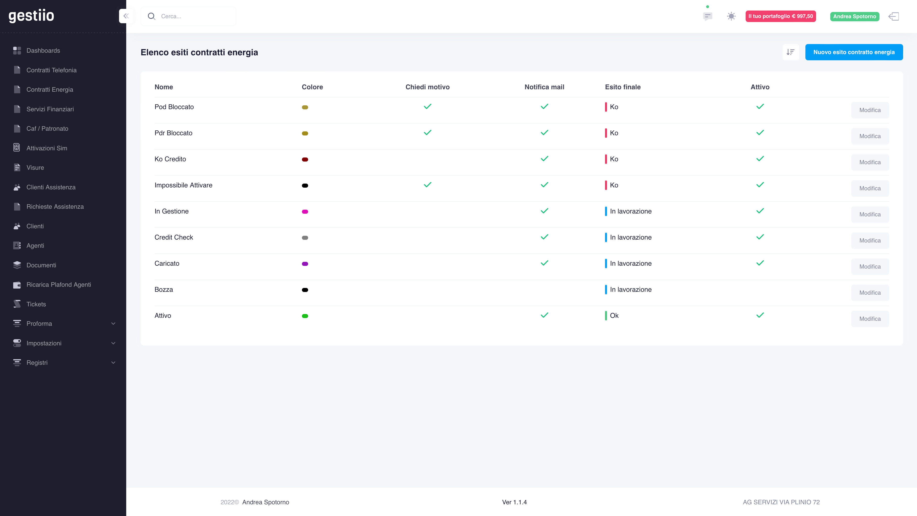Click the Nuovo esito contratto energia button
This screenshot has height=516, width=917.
(x=854, y=52)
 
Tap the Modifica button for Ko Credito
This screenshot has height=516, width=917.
(x=870, y=162)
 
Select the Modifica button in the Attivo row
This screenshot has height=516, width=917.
(x=870, y=319)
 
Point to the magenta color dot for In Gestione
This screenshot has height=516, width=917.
(x=305, y=212)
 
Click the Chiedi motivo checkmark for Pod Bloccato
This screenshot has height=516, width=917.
(x=427, y=106)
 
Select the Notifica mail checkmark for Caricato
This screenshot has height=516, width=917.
(x=544, y=263)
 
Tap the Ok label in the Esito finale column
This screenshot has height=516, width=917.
(x=614, y=315)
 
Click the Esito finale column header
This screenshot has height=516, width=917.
(x=622, y=87)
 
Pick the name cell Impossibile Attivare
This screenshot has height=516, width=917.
(x=183, y=185)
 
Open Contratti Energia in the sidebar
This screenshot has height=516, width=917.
(x=49, y=90)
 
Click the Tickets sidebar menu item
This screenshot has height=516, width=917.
(x=36, y=304)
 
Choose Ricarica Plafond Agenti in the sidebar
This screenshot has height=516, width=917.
(x=59, y=284)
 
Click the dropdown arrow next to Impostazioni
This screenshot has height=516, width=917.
(x=113, y=343)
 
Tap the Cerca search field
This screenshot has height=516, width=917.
(x=188, y=16)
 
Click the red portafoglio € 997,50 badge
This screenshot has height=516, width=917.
(x=781, y=16)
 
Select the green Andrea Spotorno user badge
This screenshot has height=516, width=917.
(x=854, y=16)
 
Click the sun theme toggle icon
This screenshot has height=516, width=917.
(x=731, y=16)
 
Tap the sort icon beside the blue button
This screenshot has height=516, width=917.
(x=790, y=52)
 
